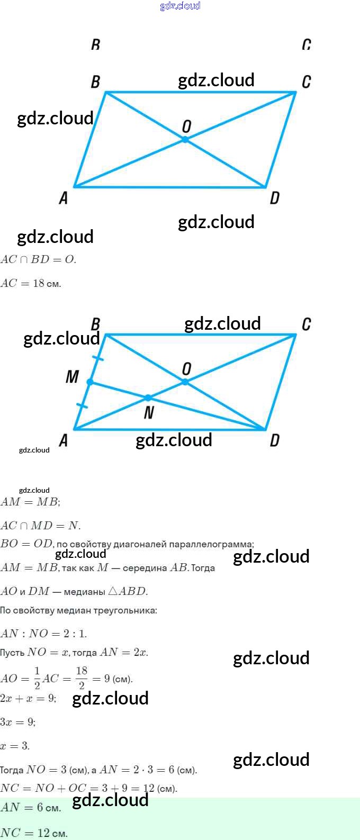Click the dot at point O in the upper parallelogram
click(x=185, y=139)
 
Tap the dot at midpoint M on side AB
click(x=90, y=382)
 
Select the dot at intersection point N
click(x=148, y=398)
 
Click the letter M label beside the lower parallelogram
click(x=72, y=377)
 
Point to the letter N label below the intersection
click(x=149, y=413)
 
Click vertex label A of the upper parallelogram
click(x=64, y=198)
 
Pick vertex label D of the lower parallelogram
click(x=274, y=440)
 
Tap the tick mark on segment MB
click(x=98, y=358)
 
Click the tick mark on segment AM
click(x=82, y=406)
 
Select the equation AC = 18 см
click(x=31, y=283)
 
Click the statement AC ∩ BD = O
click(x=38, y=259)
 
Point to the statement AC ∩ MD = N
click(x=40, y=526)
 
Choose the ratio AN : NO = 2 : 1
click(x=43, y=633)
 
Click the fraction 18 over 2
click(x=82, y=678)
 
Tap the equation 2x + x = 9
click(x=28, y=698)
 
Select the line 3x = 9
click(x=18, y=722)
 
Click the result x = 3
click(x=15, y=746)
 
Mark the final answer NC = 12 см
click(x=34, y=833)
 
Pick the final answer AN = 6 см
click(x=31, y=808)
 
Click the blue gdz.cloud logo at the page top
click(x=180, y=6)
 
